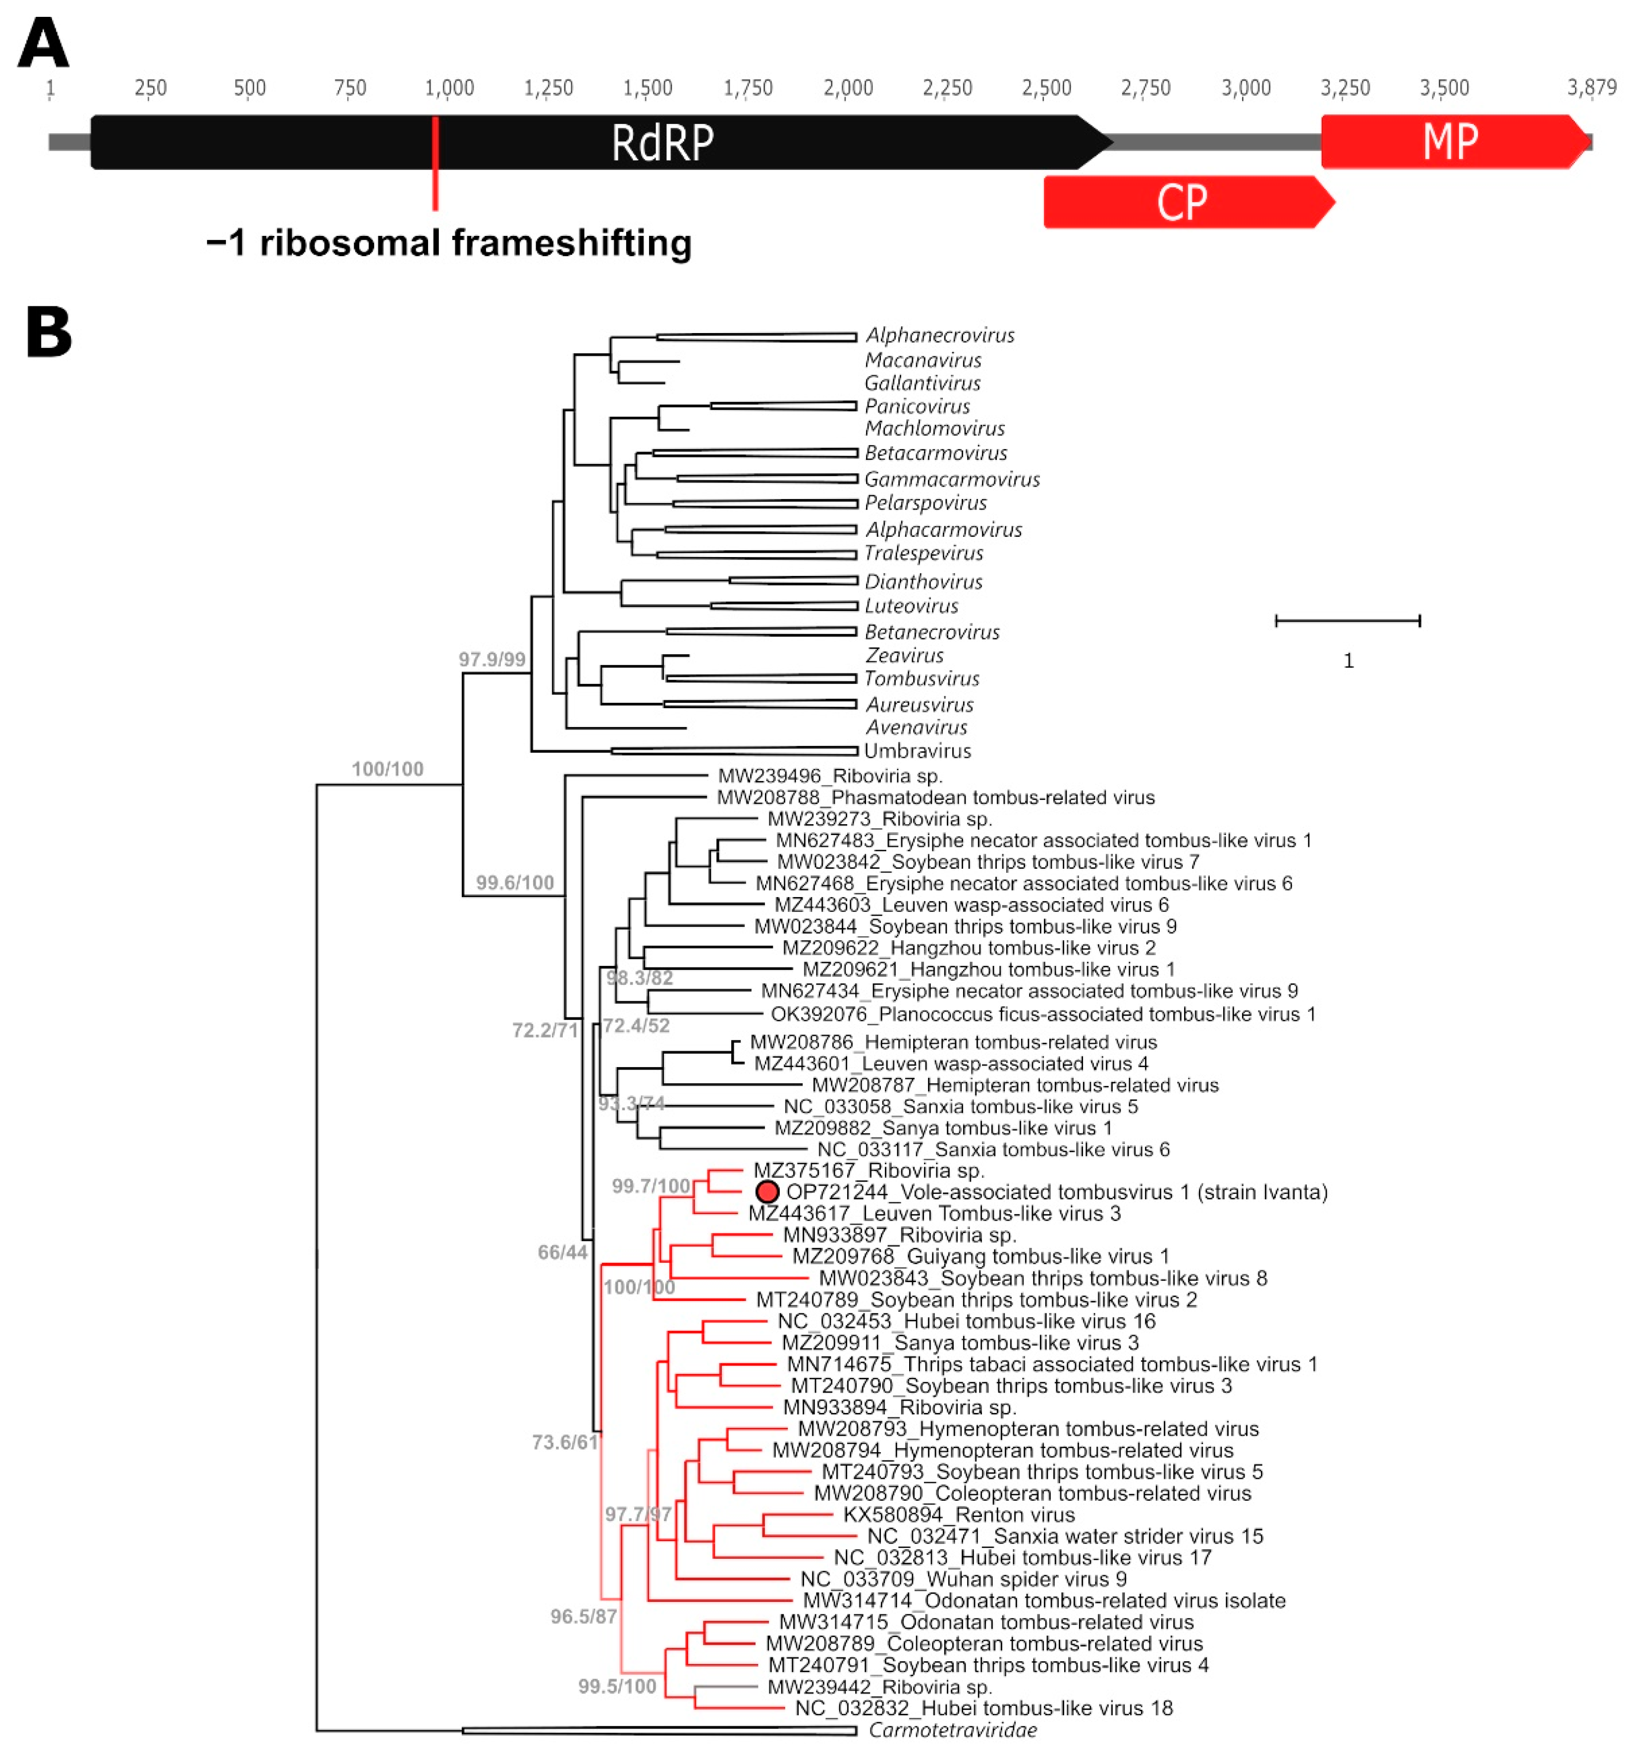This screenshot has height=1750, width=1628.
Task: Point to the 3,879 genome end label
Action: [x=1590, y=87]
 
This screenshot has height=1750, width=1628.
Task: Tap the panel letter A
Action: [x=42, y=44]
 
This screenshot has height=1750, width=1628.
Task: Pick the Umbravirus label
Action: [x=917, y=751]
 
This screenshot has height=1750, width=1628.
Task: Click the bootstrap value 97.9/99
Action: [x=491, y=659]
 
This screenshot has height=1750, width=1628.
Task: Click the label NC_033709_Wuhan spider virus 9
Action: [x=963, y=1579]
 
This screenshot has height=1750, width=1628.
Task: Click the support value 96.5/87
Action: [x=583, y=1616]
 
